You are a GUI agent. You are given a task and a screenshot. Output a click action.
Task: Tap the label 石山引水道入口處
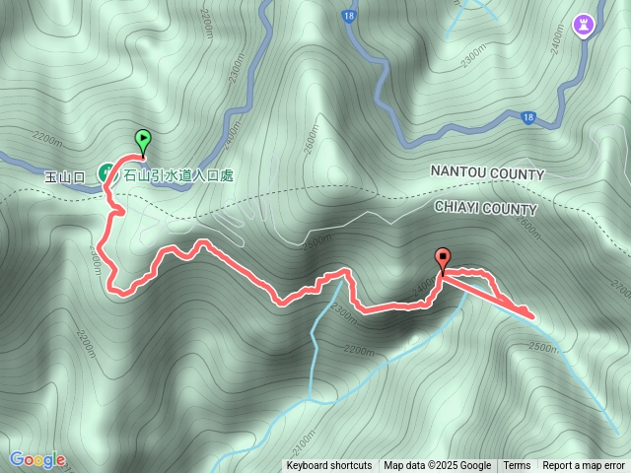pyautogui.click(x=178, y=175)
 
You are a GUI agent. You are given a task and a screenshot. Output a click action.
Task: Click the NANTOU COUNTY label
pyautogui.click(x=487, y=173)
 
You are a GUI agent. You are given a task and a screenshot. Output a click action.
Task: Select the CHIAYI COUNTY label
pyautogui.click(x=485, y=209)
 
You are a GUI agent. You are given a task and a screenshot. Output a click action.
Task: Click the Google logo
pyautogui.click(x=37, y=459)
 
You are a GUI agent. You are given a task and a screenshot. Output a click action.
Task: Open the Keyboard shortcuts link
pyautogui.click(x=329, y=466)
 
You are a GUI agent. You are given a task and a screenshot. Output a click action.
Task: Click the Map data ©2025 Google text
pyautogui.click(x=437, y=466)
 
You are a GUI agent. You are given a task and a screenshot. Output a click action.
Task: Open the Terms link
pyautogui.click(x=517, y=466)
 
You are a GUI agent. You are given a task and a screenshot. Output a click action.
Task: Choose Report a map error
pyautogui.click(x=585, y=466)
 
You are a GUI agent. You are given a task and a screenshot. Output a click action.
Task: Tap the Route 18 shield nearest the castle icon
pyautogui.click(x=528, y=116)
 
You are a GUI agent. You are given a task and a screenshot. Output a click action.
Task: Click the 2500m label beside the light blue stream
pyautogui.click(x=543, y=346)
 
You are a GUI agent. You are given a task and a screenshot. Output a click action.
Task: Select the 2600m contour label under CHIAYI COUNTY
pyautogui.click(x=526, y=229)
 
